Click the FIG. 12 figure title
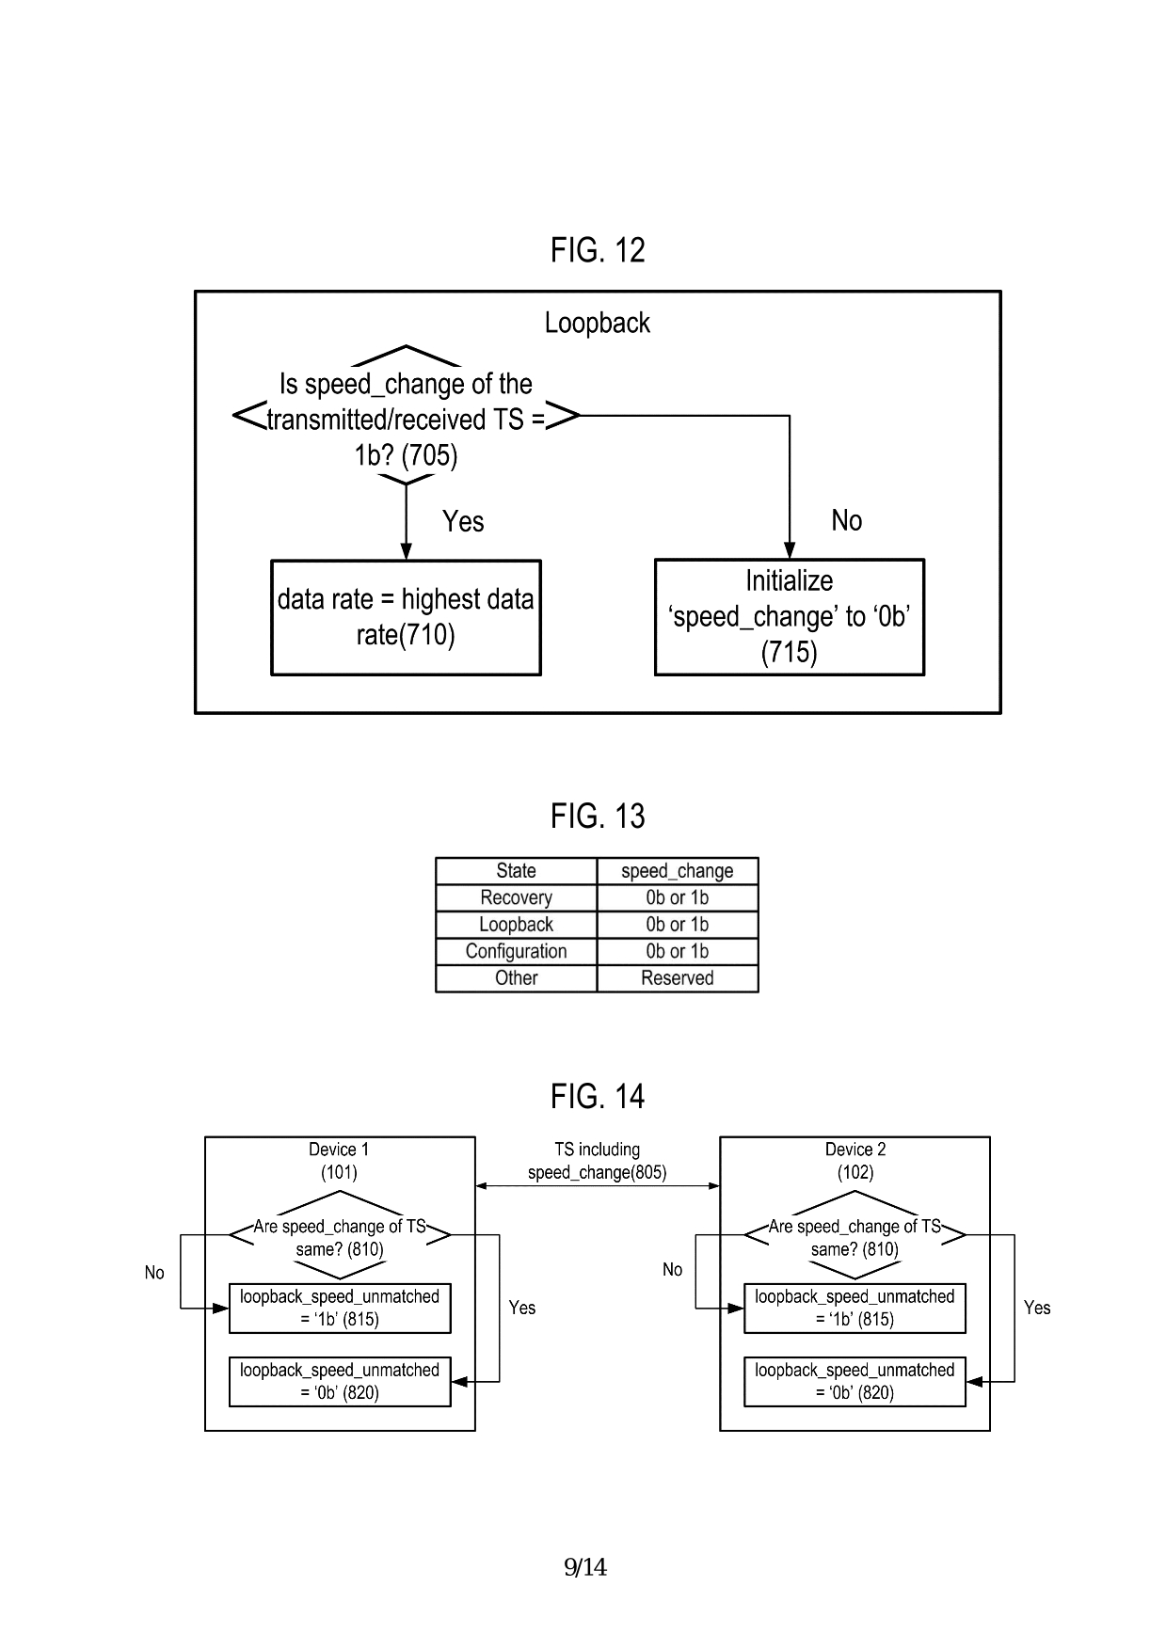598,250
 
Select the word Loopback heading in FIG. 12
598,323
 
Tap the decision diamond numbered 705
406,419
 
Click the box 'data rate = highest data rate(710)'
406,617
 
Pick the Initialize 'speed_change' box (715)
789,617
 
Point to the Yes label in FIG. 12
463,521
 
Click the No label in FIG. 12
846,520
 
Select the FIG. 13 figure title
598,816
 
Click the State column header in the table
516,871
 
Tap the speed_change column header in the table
677,871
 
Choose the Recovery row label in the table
516,897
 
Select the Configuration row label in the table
516,951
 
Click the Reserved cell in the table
677,978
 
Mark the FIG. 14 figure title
598,1096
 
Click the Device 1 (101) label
339,1161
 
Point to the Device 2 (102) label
855,1161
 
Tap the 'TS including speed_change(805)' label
597,1161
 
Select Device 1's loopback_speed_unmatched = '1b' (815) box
340,1308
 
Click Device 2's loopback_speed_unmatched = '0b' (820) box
855,1381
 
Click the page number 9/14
585,1567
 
